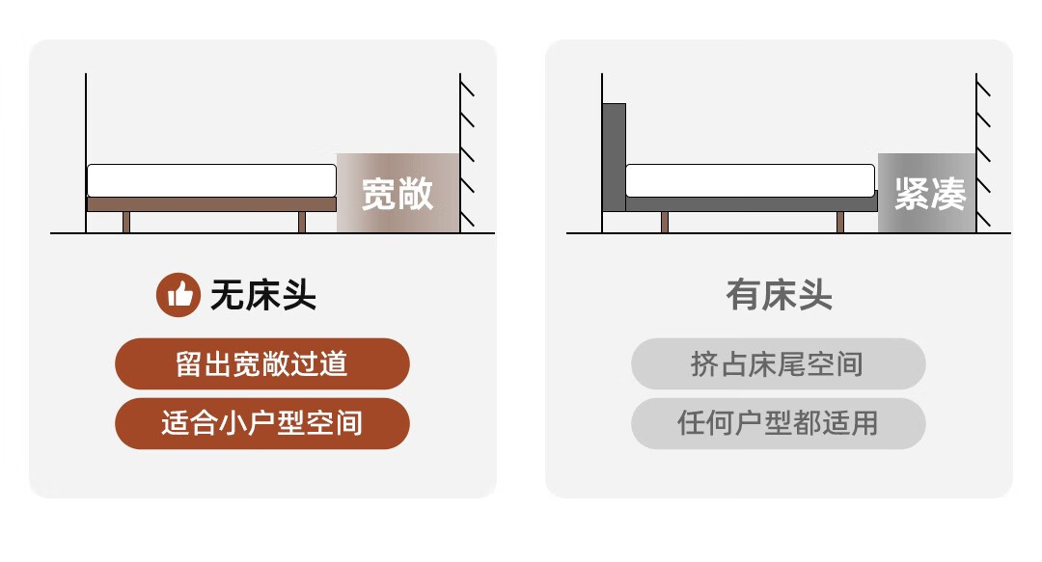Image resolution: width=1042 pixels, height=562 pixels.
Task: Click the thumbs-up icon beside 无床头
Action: pyautogui.click(x=178, y=295)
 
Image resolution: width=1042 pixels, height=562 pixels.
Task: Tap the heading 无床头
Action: pyautogui.click(x=262, y=295)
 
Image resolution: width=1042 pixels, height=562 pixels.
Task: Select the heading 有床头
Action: pyautogui.click(x=779, y=295)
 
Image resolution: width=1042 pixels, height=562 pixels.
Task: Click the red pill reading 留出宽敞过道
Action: pyautogui.click(x=262, y=363)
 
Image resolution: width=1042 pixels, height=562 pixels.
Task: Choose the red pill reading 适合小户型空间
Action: pyautogui.click(x=262, y=423)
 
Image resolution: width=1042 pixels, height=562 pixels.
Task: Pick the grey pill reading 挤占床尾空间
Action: pyautogui.click(x=778, y=363)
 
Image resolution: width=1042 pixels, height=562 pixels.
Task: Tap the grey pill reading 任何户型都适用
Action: pyautogui.click(x=778, y=423)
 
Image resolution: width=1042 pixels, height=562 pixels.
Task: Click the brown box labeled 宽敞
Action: pyautogui.click(x=398, y=193)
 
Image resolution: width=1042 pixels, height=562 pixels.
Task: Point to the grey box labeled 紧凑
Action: pyautogui.click(x=927, y=193)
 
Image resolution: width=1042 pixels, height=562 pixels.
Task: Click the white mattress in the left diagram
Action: pyautogui.click(x=211, y=180)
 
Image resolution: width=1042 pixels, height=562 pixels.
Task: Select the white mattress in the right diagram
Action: pyautogui.click(x=751, y=180)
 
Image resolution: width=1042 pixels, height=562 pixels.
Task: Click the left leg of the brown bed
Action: pyautogui.click(x=126, y=223)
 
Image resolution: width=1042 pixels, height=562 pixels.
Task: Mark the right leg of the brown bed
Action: pyautogui.click(x=302, y=223)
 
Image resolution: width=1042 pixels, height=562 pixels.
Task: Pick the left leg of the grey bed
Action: pyautogui.click(x=665, y=223)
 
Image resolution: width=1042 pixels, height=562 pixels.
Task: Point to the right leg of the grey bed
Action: pyautogui.click(x=840, y=223)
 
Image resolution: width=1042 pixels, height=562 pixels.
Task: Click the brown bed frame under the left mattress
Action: pyautogui.click(x=211, y=204)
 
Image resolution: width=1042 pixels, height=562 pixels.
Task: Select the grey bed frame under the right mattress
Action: pyautogui.click(x=751, y=204)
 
